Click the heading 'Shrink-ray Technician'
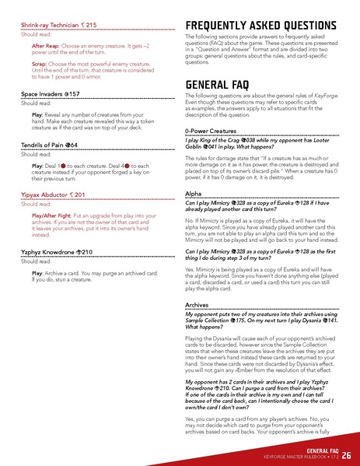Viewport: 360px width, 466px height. (58, 26)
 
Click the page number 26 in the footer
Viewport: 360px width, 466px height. (345, 454)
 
